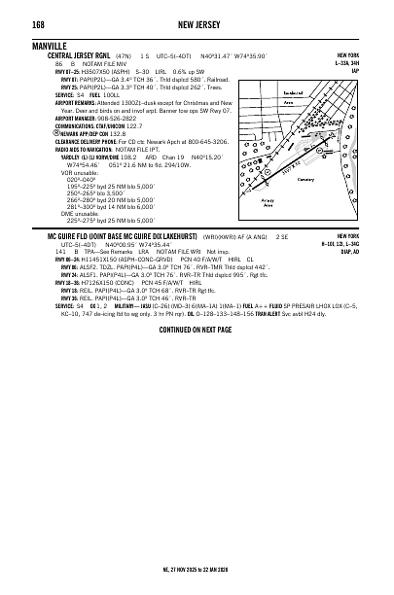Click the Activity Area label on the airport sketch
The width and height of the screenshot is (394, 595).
pyautogui.click(x=266, y=201)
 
